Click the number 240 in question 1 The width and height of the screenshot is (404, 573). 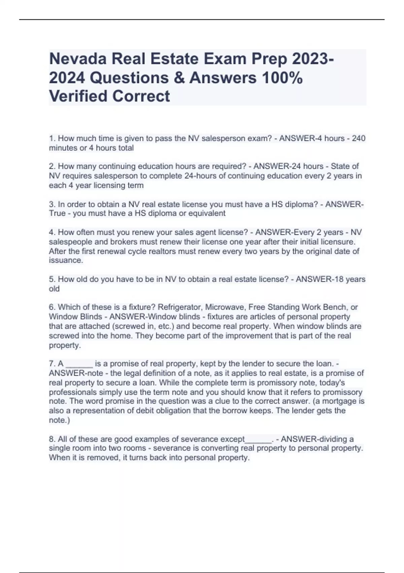(x=359, y=138)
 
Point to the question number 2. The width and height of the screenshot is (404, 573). (x=52, y=166)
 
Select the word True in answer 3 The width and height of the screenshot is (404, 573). (x=57, y=213)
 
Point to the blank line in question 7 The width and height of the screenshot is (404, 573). (x=79, y=364)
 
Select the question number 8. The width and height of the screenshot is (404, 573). (x=52, y=439)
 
